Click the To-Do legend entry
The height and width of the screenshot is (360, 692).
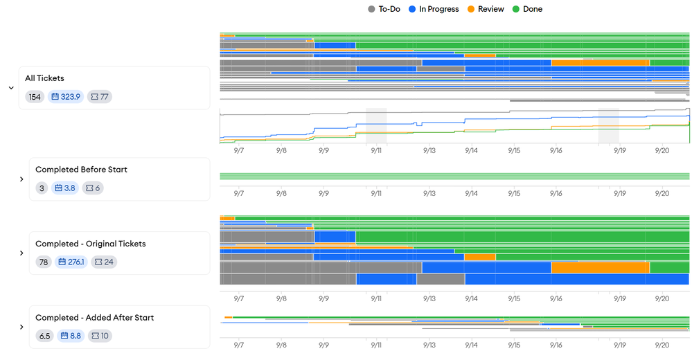[385, 9]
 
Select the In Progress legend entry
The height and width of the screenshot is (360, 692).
[434, 9]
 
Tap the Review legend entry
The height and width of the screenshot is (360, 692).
[486, 9]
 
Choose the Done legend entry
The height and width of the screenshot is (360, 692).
[527, 9]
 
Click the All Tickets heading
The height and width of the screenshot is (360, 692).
[44, 78]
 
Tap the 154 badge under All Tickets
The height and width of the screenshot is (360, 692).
[35, 96]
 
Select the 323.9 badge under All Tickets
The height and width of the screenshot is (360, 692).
[66, 96]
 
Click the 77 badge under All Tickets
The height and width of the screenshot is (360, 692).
[100, 96]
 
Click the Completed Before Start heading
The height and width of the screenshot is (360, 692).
[81, 170]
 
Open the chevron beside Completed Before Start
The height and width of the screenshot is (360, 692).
[21, 179]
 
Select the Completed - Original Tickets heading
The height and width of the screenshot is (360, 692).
[90, 244]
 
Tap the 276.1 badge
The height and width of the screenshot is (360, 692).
[71, 262]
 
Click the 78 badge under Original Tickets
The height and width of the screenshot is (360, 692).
[44, 262]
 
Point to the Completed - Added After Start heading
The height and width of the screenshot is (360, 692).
[94, 318]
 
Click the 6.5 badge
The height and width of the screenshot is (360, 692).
[44, 336]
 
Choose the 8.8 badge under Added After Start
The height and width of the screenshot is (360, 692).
[71, 336]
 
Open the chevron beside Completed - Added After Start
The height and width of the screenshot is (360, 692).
[21, 327]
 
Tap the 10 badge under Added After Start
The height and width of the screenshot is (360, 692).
[100, 336]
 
